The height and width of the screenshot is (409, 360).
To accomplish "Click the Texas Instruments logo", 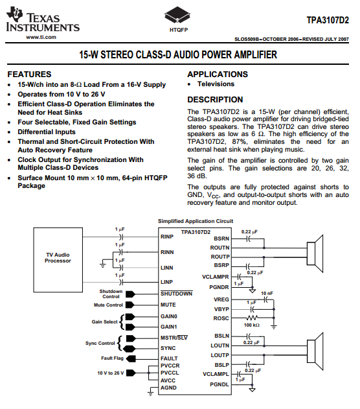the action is coord(43,20).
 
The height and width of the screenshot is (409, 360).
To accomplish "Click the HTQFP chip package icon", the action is coord(177,15).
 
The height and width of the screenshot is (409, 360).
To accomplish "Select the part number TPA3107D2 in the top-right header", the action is coord(328,20).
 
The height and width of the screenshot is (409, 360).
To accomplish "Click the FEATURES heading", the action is coord(29,75).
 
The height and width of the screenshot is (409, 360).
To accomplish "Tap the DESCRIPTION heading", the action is coord(215,100).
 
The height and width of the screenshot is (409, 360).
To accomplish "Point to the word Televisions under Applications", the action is coord(216,84).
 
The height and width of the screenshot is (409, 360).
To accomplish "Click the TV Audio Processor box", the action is coord(58,260).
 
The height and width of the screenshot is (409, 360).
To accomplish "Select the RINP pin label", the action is coord(167,237).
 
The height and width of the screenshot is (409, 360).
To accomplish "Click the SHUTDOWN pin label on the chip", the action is coord(176,294).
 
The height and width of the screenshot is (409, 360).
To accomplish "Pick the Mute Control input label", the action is coord(108,305).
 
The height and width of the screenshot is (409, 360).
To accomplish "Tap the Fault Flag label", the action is coord(112,358).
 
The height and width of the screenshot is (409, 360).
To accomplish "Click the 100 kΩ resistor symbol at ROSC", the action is coord(252,318).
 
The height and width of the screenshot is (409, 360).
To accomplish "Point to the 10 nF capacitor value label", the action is coord(267,294).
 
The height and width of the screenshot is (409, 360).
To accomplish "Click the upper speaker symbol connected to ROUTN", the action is coord(315,253).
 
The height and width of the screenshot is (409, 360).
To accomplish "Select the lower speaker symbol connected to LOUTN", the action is coord(315,351).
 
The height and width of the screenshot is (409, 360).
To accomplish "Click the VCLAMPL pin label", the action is coord(216,374).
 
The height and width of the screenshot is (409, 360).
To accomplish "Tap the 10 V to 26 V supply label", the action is coord(111,373).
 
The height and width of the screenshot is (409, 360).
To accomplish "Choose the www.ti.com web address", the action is coord(41,37).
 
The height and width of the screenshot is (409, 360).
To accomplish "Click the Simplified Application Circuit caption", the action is coord(196,221).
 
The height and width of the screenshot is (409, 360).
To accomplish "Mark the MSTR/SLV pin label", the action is coord(174,338).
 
